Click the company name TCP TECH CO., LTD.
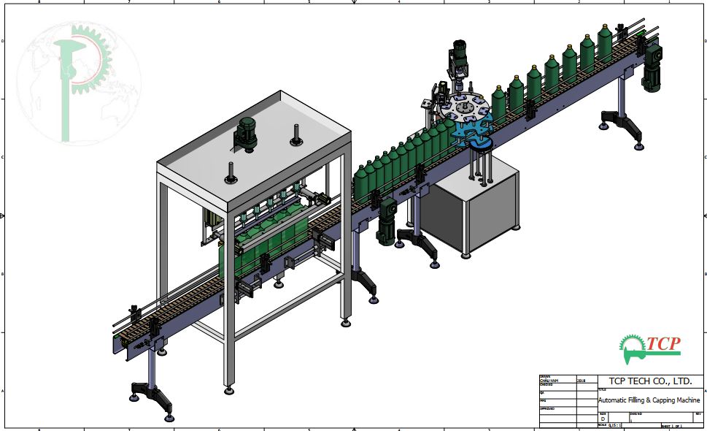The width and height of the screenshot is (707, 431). (x=645, y=381)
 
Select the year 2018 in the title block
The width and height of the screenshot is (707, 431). (x=581, y=381)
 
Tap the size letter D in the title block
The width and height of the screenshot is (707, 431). (x=603, y=418)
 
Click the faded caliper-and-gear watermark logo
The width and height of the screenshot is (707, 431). (x=79, y=80)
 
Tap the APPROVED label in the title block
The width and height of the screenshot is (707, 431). (x=547, y=408)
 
